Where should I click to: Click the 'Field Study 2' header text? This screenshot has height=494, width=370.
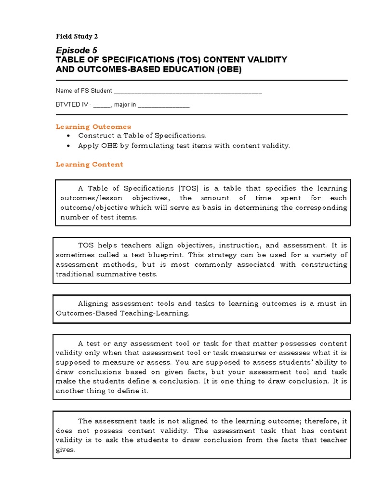77,36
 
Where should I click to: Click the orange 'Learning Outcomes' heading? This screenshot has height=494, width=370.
93,127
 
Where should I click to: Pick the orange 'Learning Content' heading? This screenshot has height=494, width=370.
89,165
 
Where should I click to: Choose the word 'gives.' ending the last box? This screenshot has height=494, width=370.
66,450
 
